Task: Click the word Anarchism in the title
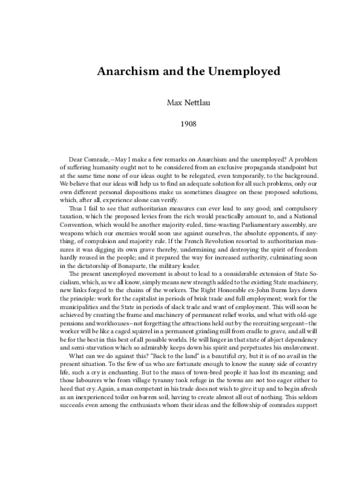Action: coord(127,72)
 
